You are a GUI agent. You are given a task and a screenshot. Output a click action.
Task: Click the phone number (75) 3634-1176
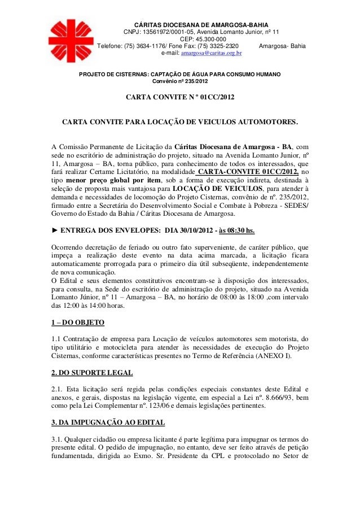150,47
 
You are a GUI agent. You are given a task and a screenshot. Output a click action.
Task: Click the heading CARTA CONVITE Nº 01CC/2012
179,98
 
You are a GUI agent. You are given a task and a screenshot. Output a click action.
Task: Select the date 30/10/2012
204,230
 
